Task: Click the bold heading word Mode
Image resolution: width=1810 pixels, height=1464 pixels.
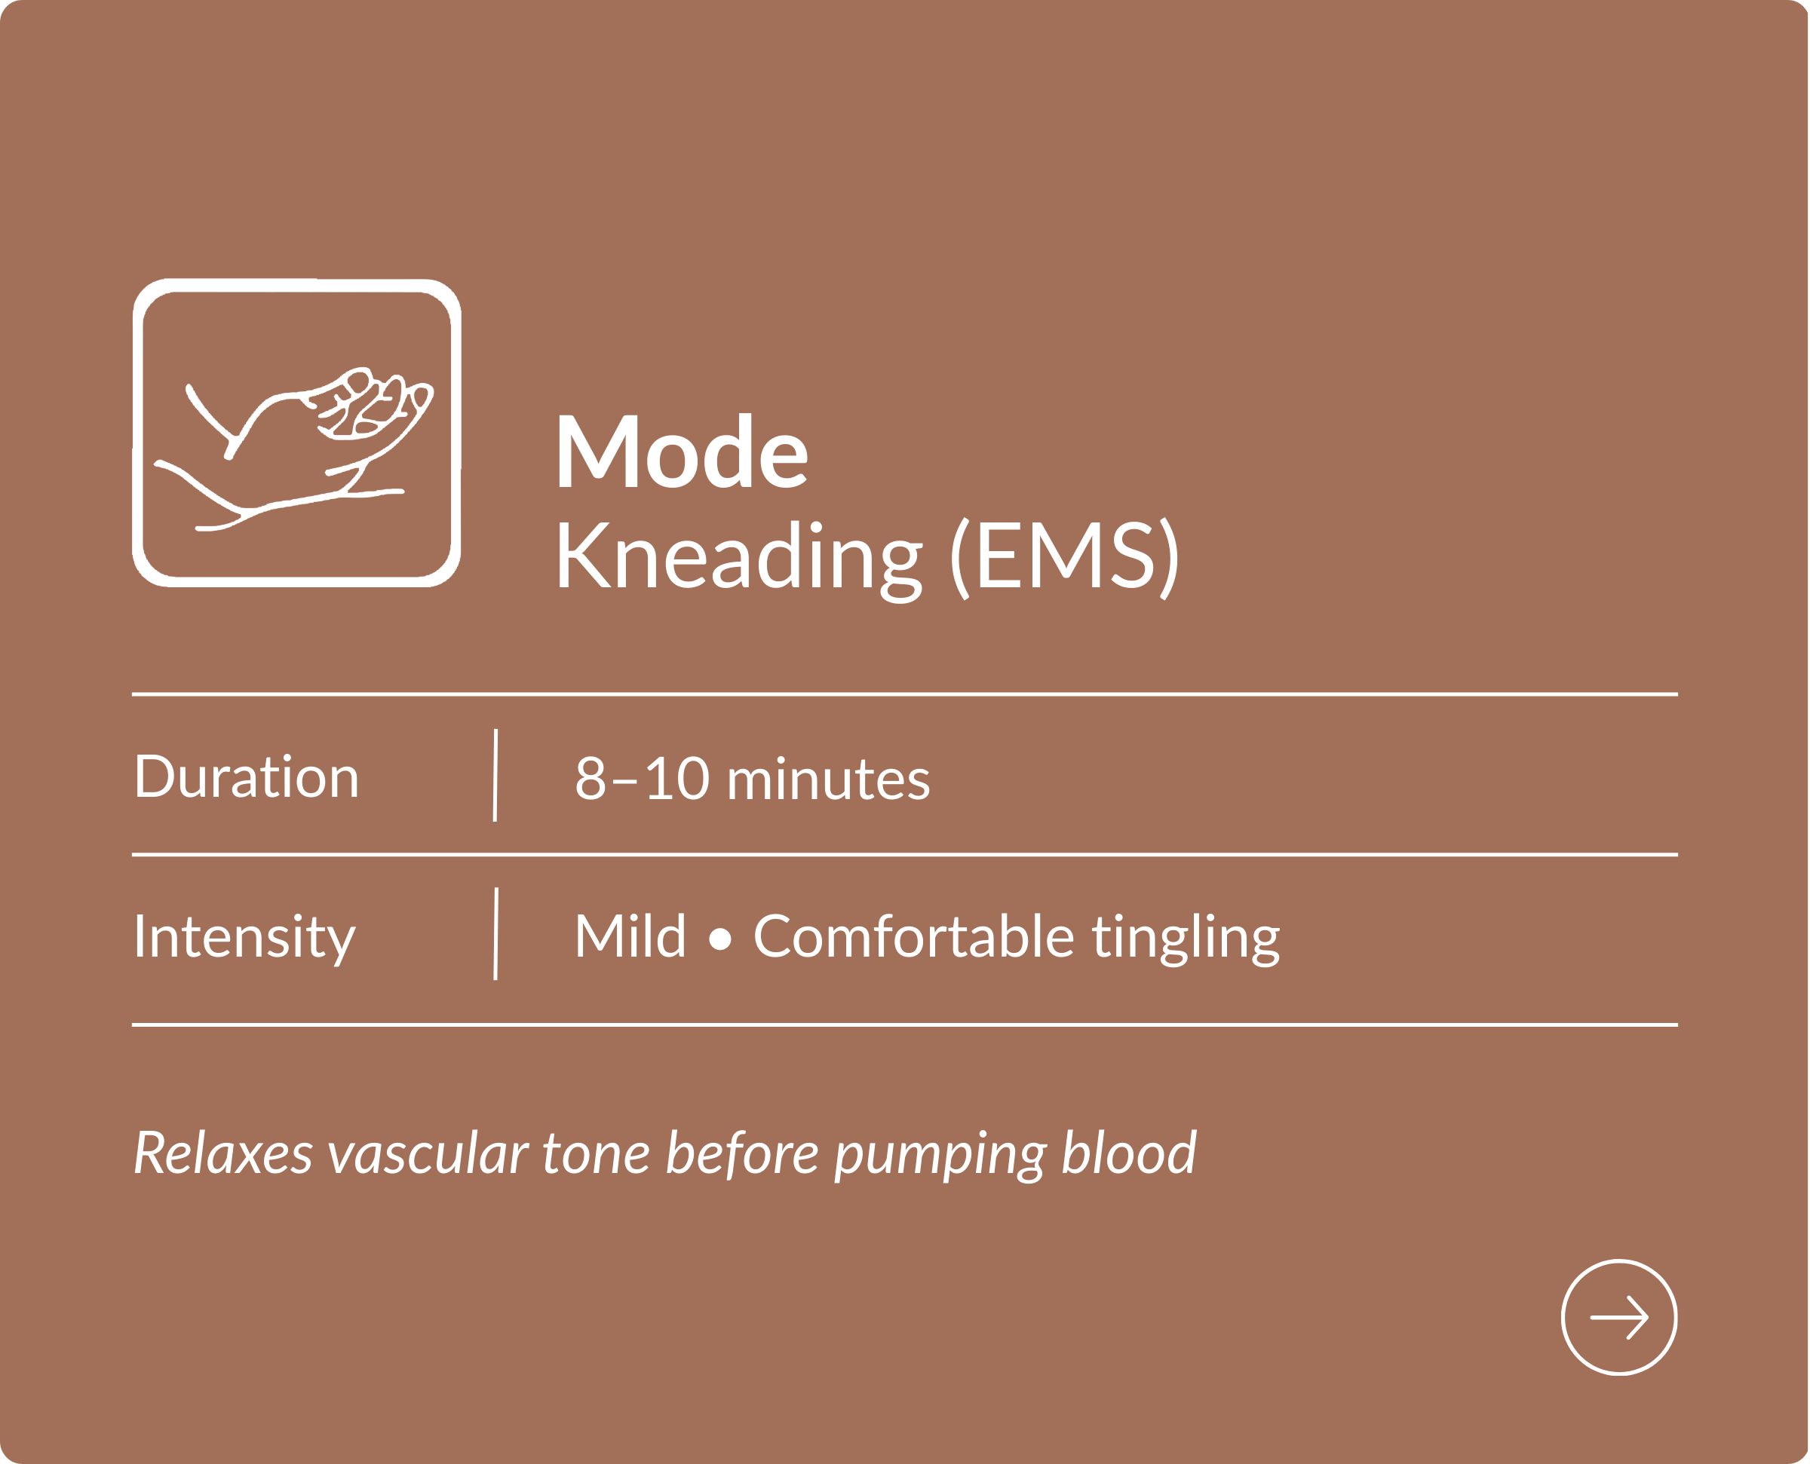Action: pos(682,451)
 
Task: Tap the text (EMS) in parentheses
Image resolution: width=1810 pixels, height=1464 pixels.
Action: pos(1064,559)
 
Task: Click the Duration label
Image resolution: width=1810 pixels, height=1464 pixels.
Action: pos(247,776)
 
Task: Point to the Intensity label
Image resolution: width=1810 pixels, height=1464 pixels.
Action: pos(244,938)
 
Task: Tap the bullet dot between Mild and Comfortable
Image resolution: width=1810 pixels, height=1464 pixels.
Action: pos(719,939)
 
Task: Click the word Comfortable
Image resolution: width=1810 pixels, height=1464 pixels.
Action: pos(913,936)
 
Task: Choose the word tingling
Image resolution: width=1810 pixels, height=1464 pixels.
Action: pos(1186,939)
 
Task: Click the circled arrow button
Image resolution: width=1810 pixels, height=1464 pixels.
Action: pos(1618,1317)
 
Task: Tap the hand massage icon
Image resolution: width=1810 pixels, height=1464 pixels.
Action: pos(296,433)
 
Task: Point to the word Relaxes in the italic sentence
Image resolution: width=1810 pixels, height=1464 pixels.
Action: pos(223,1153)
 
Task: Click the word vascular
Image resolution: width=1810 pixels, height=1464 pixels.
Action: pos(428,1153)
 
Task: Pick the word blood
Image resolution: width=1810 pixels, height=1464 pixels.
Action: pos(1128,1153)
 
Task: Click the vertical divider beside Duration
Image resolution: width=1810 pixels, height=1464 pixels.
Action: pos(495,775)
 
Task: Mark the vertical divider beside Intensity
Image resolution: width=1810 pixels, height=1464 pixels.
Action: pos(496,933)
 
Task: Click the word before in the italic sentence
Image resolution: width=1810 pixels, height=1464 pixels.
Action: pos(742,1153)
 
